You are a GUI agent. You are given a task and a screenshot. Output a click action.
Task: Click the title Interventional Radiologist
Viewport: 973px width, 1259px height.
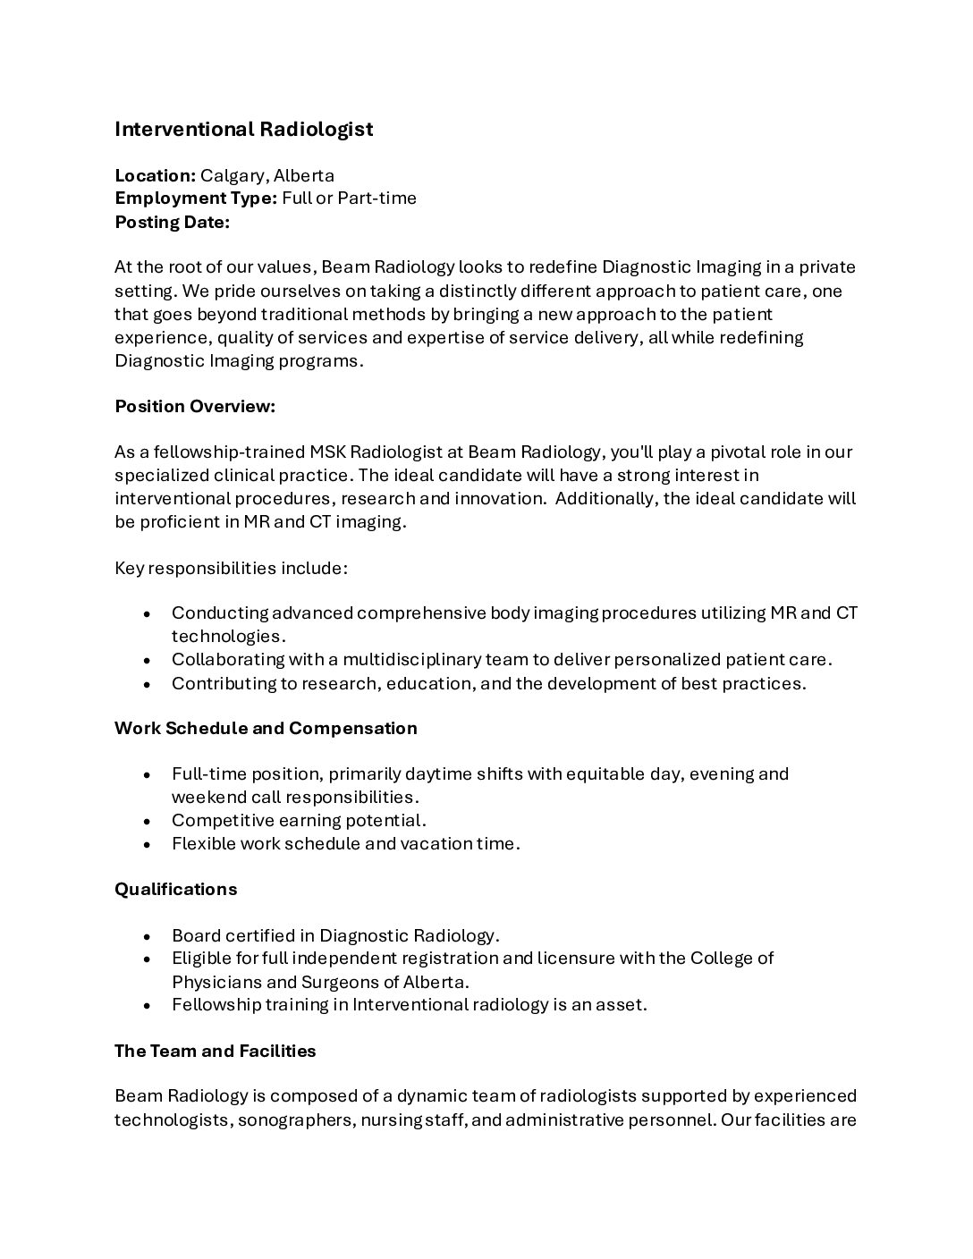tap(243, 130)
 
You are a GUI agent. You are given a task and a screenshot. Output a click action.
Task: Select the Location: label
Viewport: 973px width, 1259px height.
tap(155, 175)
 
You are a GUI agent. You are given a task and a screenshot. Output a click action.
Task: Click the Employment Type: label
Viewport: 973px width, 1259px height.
tap(196, 199)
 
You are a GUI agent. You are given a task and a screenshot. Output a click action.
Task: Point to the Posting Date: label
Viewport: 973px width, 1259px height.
tap(172, 222)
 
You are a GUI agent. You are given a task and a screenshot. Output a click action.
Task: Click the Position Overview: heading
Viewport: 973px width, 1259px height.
tap(195, 407)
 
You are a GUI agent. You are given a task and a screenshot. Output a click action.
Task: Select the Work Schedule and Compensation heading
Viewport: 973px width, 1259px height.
tap(266, 729)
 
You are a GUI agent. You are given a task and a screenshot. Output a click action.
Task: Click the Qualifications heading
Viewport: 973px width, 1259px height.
tap(175, 890)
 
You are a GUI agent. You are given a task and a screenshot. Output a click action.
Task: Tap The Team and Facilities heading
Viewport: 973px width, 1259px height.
tap(215, 1052)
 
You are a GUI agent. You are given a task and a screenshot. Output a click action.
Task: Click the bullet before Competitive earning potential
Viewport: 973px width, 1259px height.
tap(148, 821)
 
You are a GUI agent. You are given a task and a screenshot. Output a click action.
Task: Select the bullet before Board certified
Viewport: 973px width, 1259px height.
tap(148, 936)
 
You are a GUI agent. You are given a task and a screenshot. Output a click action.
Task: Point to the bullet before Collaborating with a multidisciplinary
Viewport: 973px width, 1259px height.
tap(148, 660)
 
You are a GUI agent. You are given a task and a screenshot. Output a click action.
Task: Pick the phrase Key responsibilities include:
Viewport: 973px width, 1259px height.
tap(231, 568)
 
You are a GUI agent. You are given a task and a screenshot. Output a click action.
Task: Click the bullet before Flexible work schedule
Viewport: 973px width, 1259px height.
tap(148, 844)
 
